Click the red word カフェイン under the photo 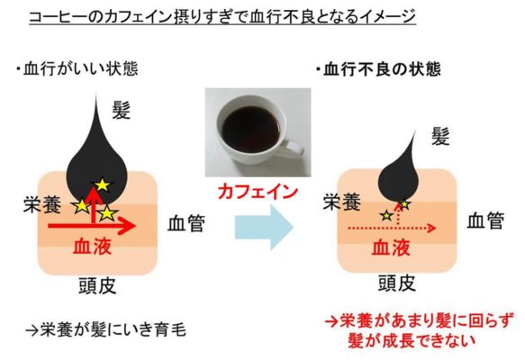pyautogui.click(x=258, y=193)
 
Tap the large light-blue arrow pyautogui.click(x=264, y=228)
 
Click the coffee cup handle pyautogui.click(x=292, y=149)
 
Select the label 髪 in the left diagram pyautogui.click(x=121, y=111)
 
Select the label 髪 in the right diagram pyautogui.click(x=440, y=136)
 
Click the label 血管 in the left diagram pyautogui.click(x=186, y=223)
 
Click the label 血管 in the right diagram pyautogui.click(x=485, y=220)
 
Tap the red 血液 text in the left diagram pyautogui.click(x=92, y=247)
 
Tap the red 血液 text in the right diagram pyautogui.click(x=392, y=247)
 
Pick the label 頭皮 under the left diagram pyautogui.click(x=97, y=286)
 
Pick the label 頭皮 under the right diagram pyautogui.click(x=397, y=283)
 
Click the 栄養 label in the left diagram pyautogui.click(x=42, y=204)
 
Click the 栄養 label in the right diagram pyautogui.click(x=342, y=202)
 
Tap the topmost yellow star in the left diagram pyautogui.click(x=103, y=184)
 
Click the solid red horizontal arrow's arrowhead pyautogui.click(x=128, y=226)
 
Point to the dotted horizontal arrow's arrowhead pyautogui.click(x=431, y=229)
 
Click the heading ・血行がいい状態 pyautogui.click(x=77, y=69)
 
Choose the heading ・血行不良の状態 pyautogui.click(x=378, y=69)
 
